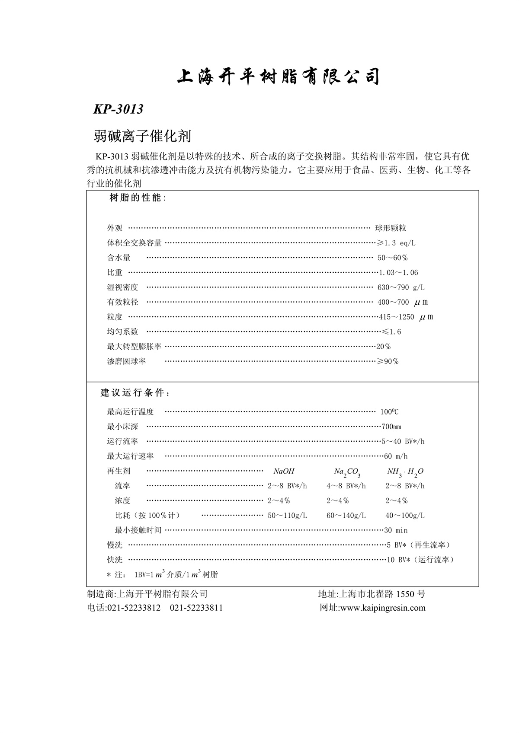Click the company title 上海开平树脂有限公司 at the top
(279, 77)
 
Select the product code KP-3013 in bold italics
(118, 109)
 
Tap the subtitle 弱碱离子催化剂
(142, 137)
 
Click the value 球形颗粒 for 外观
(391, 228)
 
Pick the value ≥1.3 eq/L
(396, 243)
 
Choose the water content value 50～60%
(393, 258)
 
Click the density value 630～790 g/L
(401, 287)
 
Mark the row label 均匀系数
(123, 331)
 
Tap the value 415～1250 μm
(406, 317)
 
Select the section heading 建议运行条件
(135, 393)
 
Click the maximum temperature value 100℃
(389, 412)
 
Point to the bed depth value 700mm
(391, 427)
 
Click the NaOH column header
(284, 471)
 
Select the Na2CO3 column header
(347, 472)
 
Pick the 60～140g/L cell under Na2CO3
(346, 516)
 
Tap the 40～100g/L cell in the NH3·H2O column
(405, 516)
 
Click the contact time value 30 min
(396, 530)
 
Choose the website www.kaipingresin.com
(383, 608)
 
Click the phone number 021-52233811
(196, 608)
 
